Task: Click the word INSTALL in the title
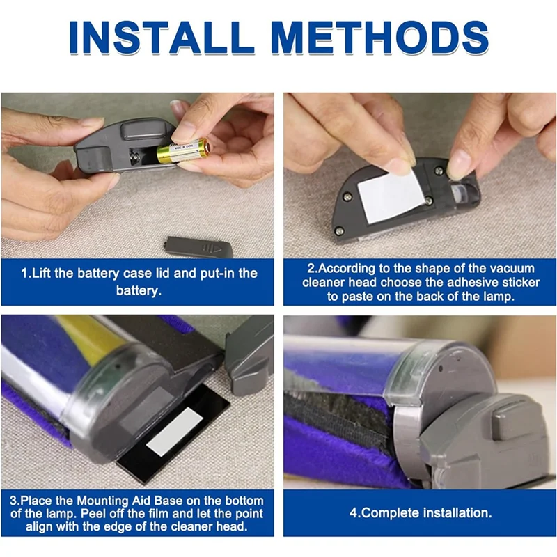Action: click(162, 38)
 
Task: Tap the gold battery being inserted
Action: click(182, 150)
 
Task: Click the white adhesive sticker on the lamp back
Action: click(391, 196)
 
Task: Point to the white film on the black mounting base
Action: click(174, 432)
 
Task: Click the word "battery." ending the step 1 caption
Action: click(139, 290)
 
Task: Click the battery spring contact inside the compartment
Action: click(136, 156)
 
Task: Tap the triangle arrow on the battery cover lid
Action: click(217, 250)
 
